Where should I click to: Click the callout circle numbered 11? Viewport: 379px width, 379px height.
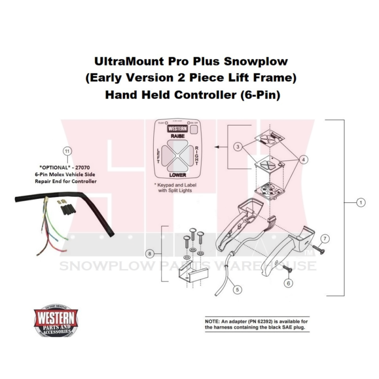68,151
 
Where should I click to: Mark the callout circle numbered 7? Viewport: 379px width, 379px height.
325,238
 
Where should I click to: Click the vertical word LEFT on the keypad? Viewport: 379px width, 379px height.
159,154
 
